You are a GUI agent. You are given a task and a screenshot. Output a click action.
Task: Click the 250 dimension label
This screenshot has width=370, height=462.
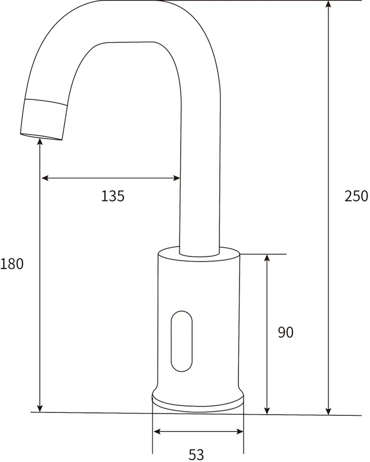357,196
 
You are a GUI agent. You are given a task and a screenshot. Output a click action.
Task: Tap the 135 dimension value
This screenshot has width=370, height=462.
113,196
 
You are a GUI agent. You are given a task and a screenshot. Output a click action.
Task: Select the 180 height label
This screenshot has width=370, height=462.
12,264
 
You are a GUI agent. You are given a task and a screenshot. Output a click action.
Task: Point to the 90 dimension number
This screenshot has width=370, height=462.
286,333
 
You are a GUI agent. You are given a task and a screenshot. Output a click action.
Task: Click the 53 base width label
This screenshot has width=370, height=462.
196,454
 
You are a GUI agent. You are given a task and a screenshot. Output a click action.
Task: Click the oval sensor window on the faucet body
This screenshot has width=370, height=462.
181,341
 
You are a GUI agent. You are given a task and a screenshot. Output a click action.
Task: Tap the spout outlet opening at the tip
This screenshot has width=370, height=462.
41,137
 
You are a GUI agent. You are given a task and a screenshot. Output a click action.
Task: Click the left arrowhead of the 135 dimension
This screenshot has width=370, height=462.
44,178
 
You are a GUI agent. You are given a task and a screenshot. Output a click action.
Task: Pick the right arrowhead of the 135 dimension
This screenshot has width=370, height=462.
177,178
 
